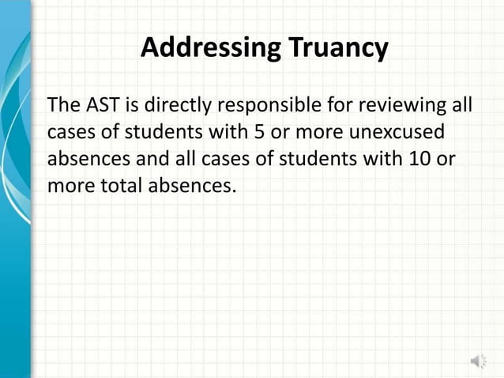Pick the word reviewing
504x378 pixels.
pyautogui.click(x=409, y=105)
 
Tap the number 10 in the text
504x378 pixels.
pyautogui.click(x=419, y=159)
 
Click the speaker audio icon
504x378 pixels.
pyautogui.click(x=479, y=361)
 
